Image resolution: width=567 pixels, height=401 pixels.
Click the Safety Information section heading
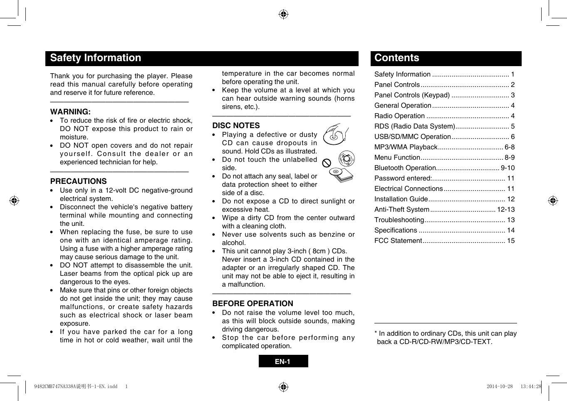pos(95,58)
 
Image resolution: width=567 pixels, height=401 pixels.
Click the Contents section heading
pos(396,58)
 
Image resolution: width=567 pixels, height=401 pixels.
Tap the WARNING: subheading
pos(70,111)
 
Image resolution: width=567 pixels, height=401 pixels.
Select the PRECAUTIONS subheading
pos(78,181)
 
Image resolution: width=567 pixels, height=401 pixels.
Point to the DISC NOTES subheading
pos(236,125)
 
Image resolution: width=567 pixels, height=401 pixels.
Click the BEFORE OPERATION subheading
pos(253,303)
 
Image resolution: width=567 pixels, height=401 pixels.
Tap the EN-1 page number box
pos(283,361)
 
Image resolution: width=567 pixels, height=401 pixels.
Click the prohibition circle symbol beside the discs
pos(327,163)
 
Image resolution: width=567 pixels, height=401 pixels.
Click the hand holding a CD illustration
pos(335,134)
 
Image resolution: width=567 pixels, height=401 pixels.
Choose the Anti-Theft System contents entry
pos(402,210)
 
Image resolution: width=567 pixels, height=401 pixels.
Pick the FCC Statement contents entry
pos(398,241)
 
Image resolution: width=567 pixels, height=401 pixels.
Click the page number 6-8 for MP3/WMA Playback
pos(509,147)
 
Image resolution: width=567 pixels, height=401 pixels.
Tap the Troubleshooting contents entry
pos(399,220)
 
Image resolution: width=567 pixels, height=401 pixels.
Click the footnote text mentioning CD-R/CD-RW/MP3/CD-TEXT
pos(445,337)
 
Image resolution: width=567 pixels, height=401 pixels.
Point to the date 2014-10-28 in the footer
pos(500,386)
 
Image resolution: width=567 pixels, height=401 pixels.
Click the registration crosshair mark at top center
pos(283,15)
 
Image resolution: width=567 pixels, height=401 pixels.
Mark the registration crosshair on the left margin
pos(14,200)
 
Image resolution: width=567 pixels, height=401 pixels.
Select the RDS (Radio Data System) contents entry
pos(414,126)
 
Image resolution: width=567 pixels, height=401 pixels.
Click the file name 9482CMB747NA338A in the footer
pos(54,386)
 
